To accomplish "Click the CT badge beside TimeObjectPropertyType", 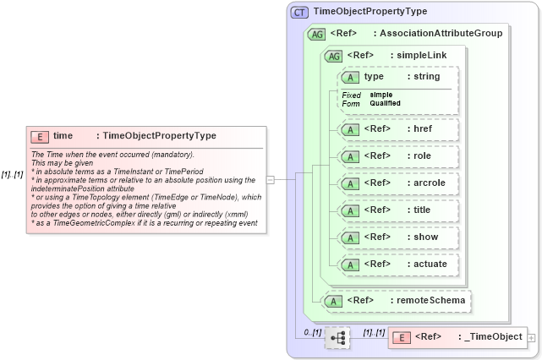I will click(299, 12).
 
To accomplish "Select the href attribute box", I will click(397, 129).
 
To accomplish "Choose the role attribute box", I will click(397, 156).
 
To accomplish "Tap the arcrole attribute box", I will click(397, 183).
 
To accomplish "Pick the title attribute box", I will click(397, 210).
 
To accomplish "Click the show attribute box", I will click(397, 237).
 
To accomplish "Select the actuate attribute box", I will click(397, 265).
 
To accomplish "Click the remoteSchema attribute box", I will click(397, 300).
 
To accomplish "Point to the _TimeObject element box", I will click(457, 337).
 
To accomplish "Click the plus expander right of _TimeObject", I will click(531, 338).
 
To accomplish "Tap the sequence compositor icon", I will click(337, 338).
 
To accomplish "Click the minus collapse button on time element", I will click(270, 179).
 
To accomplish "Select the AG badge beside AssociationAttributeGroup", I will click(316, 34).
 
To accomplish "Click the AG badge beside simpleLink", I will click(333, 55).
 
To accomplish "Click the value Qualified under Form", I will click(385, 103).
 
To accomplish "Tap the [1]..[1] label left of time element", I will click(12, 175).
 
